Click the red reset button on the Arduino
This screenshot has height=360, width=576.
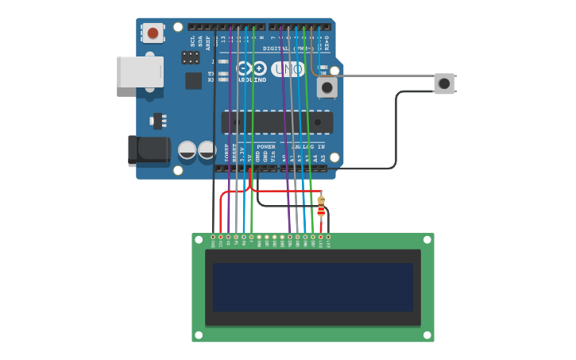(x=153, y=33)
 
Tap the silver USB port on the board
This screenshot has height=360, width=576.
(x=140, y=72)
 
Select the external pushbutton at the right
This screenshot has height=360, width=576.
(x=444, y=83)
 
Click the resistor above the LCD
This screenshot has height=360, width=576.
(x=321, y=206)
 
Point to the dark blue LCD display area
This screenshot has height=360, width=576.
(x=312, y=288)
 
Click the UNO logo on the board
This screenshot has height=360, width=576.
(x=287, y=70)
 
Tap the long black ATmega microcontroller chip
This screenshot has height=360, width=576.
(x=276, y=122)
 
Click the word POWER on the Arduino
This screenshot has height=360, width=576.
(x=266, y=147)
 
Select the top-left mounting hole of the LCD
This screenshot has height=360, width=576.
(x=199, y=239)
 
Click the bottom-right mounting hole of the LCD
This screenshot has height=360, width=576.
(x=427, y=335)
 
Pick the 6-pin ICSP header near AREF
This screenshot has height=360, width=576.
(x=191, y=57)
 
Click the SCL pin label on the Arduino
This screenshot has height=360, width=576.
(x=192, y=40)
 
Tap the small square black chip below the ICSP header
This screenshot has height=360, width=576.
(x=193, y=80)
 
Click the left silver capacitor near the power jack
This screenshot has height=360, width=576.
(x=187, y=149)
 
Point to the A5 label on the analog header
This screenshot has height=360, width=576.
(x=323, y=158)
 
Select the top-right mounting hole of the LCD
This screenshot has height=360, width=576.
(x=427, y=239)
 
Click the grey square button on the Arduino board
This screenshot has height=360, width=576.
(x=327, y=87)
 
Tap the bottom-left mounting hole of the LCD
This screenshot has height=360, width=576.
(x=199, y=335)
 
